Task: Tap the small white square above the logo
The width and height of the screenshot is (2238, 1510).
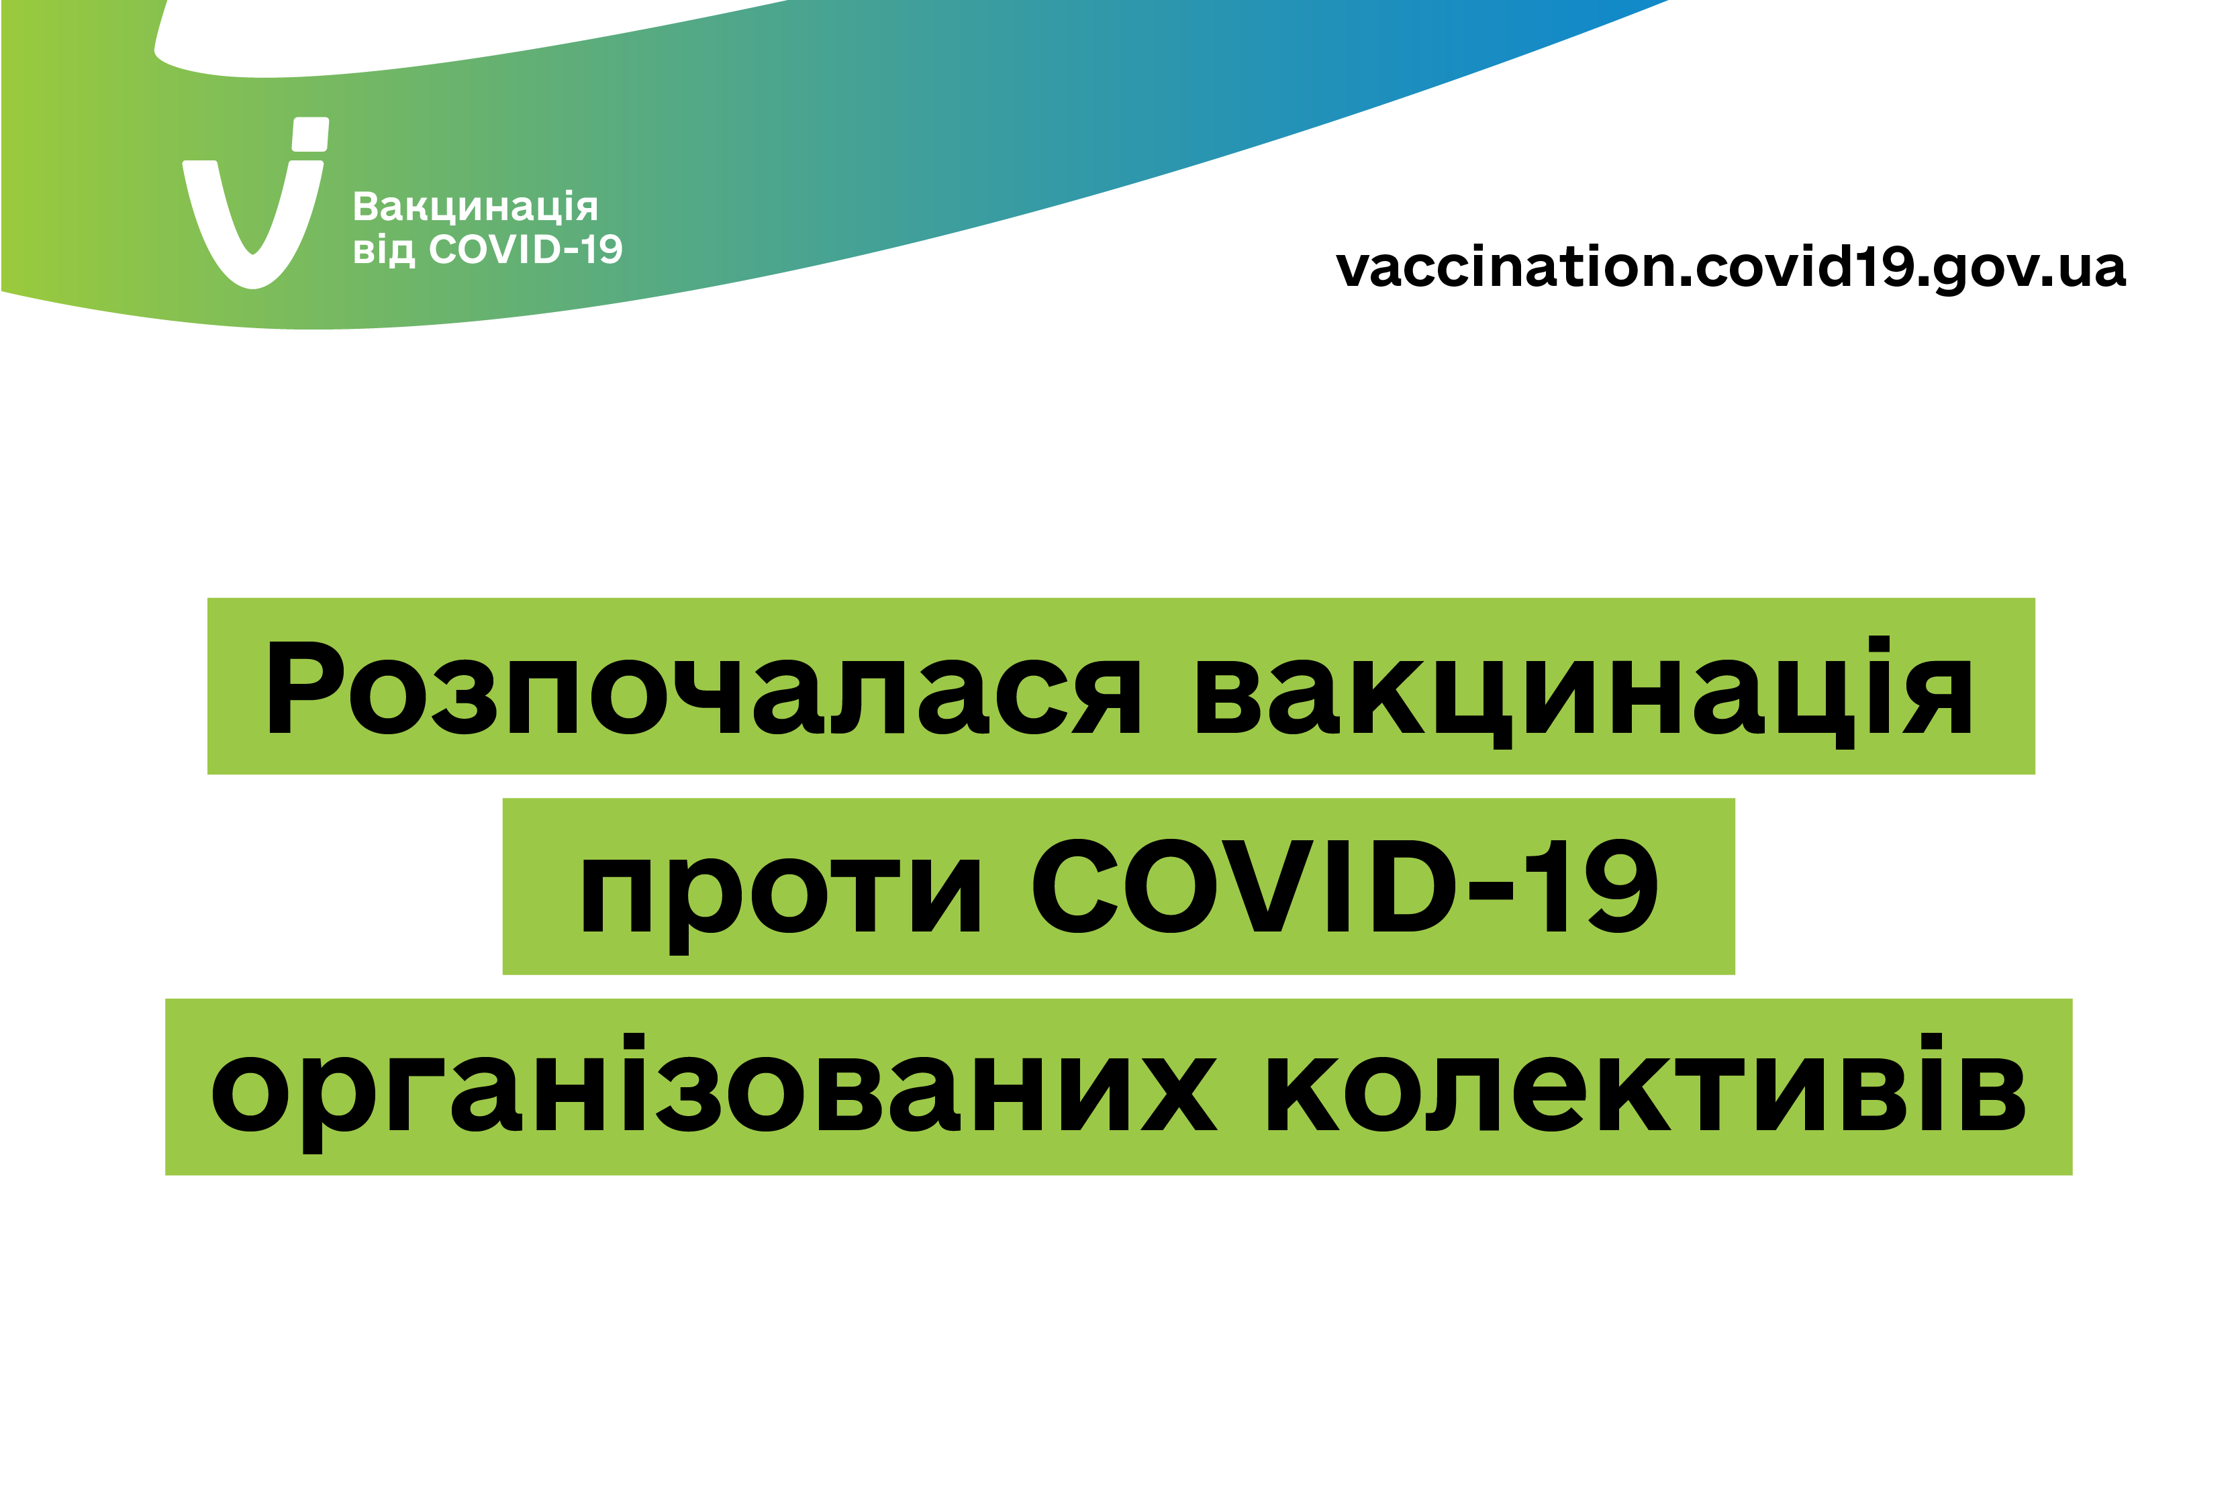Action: point(310,134)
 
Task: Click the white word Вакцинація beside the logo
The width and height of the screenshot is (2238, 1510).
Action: point(475,206)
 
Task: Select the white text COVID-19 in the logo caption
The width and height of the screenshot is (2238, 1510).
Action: point(526,250)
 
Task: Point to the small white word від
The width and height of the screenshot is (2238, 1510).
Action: point(383,250)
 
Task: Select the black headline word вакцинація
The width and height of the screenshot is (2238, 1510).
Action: point(1584,691)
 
